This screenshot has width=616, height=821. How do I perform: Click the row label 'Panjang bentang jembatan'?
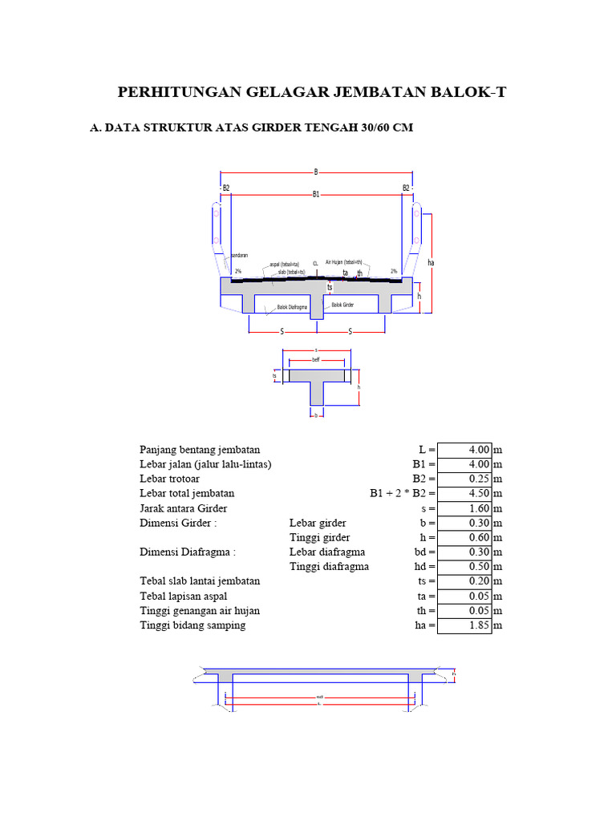[x=200, y=450]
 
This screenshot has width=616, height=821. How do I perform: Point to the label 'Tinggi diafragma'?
[x=329, y=567]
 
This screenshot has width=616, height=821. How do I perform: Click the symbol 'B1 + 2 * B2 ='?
[x=403, y=494]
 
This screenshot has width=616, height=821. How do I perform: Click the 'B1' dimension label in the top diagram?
[x=316, y=194]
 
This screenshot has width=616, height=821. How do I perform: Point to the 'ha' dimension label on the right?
[x=431, y=262]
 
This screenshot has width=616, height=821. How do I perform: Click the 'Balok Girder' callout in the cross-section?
[x=342, y=305]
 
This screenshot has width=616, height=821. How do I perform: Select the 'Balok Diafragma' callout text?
[x=293, y=307]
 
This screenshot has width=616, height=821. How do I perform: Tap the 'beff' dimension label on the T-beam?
[x=316, y=361]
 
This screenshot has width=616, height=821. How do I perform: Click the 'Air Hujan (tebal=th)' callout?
[x=344, y=261]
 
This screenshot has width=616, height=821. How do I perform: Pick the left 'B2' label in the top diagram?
[x=226, y=188]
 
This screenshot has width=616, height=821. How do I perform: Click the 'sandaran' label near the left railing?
[x=239, y=255]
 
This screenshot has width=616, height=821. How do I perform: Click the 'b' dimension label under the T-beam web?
[x=316, y=415]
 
